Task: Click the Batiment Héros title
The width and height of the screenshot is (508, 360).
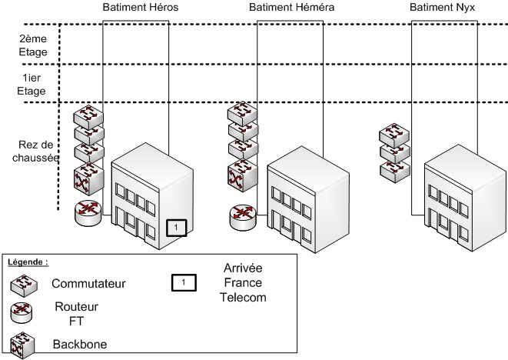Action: tap(135, 7)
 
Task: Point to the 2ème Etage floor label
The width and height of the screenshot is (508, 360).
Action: tap(34, 45)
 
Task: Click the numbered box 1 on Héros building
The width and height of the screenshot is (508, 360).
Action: tap(176, 228)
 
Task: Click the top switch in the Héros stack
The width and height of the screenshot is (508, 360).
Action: tap(88, 118)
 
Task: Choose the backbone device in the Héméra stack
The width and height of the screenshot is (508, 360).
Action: tap(242, 175)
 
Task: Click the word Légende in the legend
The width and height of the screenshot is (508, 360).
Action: tap(28, 262)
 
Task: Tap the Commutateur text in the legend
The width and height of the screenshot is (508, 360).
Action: tap(89, 284)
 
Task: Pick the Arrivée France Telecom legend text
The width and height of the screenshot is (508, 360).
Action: tap(242, 282)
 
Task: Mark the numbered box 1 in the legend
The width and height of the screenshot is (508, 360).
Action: tap(182, 282)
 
